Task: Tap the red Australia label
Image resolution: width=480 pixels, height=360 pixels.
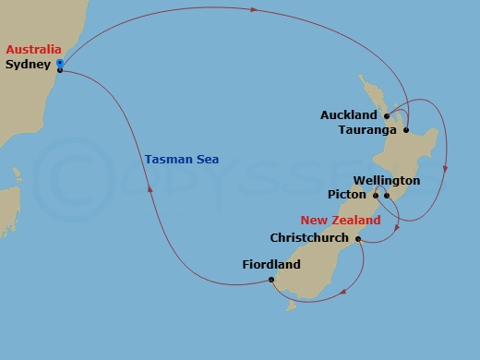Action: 33,49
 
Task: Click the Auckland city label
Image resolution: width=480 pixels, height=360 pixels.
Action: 349,115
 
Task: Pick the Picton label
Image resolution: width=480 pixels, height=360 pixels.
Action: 348,196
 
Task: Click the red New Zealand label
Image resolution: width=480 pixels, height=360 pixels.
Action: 341,222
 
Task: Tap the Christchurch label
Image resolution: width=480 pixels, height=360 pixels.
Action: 309,237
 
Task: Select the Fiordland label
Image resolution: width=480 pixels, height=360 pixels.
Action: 271,265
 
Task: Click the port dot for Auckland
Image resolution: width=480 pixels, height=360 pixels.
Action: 387,116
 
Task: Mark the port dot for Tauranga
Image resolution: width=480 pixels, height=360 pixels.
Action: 406,129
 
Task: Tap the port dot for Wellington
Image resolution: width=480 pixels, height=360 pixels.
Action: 387,196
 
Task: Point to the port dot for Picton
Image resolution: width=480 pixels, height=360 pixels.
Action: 376,196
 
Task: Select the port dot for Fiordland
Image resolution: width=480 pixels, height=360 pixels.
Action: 271,280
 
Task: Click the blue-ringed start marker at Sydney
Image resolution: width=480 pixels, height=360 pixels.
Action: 60,64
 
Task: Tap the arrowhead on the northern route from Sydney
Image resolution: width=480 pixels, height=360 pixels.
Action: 253,10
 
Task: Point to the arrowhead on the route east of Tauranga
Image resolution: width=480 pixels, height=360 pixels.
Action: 447,169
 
